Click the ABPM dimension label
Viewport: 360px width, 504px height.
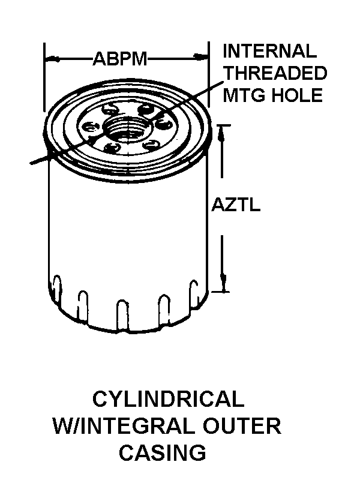tap(119, 59)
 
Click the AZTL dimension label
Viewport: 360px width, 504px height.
tap(236, 205)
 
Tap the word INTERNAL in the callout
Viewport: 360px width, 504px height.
tap(269, 51)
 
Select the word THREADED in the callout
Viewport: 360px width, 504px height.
tap(275, 73)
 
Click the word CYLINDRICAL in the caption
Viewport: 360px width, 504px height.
tap(168, 398)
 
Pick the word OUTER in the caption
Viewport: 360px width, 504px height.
tap(242, 425)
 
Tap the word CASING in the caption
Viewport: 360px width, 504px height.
tap(163, 452)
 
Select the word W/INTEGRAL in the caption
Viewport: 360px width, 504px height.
tap(124, 425)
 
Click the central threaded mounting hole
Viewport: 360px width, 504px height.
tap(128, 127)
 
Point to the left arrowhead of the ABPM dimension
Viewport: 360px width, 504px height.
tap(52, 59)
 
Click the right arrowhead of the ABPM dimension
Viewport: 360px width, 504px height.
tap(200, 57)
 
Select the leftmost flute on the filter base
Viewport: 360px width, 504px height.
tap(56, 289)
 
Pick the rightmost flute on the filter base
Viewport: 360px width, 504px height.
tap(194, 293)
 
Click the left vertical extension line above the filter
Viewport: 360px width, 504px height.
tap(44, 77)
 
